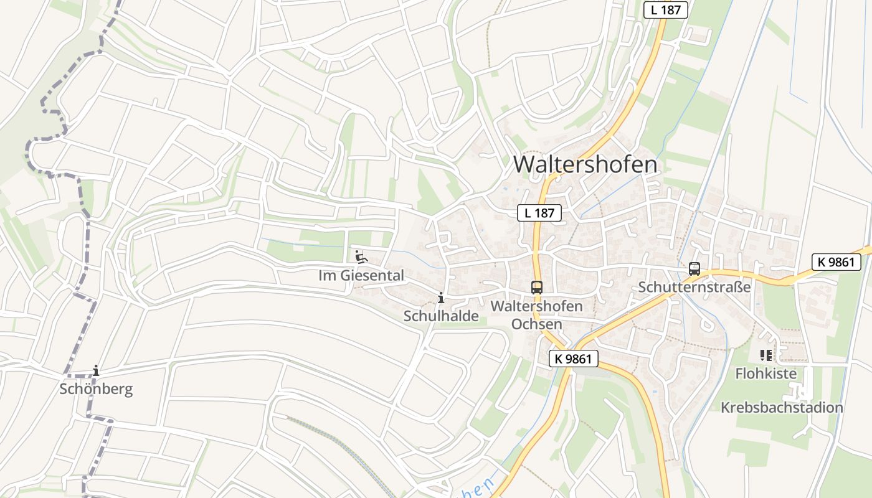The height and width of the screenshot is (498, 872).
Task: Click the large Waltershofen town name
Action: tap(585, 164)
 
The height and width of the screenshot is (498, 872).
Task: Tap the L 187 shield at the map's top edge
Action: tap(665, 9)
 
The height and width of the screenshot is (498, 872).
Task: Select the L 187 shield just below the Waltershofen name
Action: tap(539, 213)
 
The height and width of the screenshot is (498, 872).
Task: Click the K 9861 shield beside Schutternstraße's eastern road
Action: tap(836, 262)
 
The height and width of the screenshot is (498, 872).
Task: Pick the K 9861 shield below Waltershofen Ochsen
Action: tap(574, 359)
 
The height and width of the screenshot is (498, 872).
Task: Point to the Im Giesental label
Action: tap(361, 275)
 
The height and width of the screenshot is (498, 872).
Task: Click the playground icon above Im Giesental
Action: tap(360, 256)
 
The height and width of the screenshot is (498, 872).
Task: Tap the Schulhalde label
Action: tap(441, 316)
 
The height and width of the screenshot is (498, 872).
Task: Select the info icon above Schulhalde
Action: tap(441, 299)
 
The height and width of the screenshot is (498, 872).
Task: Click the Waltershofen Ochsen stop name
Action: tap(536, 315)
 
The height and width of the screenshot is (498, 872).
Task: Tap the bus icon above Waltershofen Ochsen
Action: tap(537, 287)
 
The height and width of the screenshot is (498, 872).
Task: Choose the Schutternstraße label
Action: tap(694, 288)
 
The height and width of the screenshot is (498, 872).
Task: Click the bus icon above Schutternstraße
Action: tap(694, 269)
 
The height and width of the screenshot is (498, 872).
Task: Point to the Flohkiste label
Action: tap(765, 374)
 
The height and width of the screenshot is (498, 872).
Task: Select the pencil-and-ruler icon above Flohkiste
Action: tap(765, 355)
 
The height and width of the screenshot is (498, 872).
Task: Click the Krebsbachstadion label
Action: tap(782, 408)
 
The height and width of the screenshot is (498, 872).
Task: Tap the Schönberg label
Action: tap(96, 390)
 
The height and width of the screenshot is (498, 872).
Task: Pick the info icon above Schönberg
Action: tap(95, 371)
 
